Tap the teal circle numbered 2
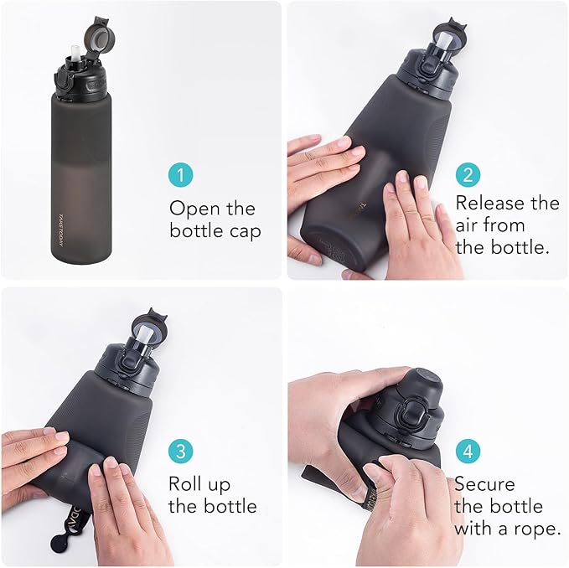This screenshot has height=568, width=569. coord(468,174)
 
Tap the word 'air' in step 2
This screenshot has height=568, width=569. coord(468,225)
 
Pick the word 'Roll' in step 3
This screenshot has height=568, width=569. coord(188,483)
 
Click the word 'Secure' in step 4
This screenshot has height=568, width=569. coord(486,483)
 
